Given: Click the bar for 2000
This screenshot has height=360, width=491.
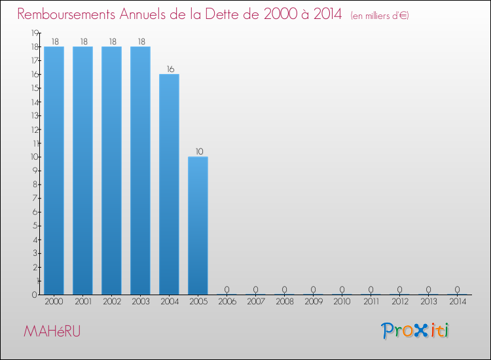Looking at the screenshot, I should tap(54, 170).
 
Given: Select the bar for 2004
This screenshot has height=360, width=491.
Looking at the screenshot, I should tap(169, 184).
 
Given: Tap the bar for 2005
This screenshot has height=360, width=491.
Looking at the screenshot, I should tap(198, 225).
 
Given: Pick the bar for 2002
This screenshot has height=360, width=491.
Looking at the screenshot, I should tap(111, 170).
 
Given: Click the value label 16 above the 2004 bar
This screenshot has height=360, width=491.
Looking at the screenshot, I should tap(169, 69).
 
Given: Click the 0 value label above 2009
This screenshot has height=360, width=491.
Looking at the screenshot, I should tap(313, 289).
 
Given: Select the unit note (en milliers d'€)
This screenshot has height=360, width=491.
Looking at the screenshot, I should tap(380, 16).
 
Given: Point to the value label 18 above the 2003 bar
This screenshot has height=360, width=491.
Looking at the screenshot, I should tap(140, 41).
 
